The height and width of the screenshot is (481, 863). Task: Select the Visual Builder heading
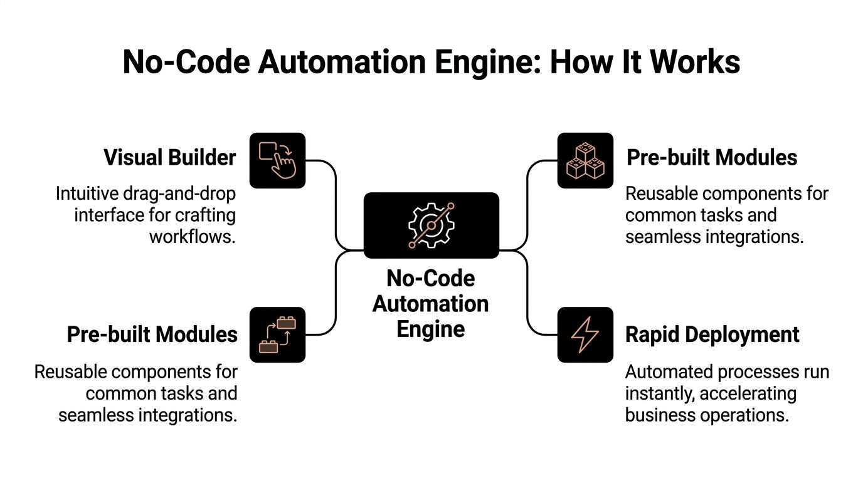click(170, 157)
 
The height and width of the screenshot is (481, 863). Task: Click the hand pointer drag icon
click(277, 160)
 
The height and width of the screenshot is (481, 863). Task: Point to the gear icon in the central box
click(431, 225)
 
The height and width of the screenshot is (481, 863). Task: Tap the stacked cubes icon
click(585, 160)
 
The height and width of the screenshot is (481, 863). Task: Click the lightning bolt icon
click(585, 334)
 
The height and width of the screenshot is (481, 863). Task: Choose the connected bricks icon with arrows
click(277, 334)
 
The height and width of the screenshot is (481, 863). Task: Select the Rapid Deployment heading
click(712, 334)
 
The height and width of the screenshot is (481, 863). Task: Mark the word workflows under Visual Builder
click(193, 237)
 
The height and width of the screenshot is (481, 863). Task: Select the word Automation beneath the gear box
click(430, 304)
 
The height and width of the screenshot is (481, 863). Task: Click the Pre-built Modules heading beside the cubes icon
click(712, 157)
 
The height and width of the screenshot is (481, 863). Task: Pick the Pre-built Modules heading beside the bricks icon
click(152, 334)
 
